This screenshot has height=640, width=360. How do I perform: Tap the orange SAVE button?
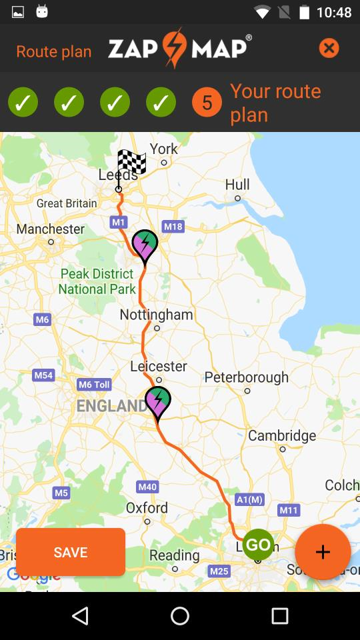(71, 552)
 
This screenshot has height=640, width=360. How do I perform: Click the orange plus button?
(323, 552)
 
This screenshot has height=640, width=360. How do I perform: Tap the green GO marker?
(258, 545)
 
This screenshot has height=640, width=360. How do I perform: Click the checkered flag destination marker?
(131, 163)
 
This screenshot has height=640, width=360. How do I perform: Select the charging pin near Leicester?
(158, 402)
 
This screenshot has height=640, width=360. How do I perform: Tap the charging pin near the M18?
(145, 245)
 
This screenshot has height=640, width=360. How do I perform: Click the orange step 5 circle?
(207, 103)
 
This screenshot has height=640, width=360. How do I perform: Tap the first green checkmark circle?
(23, 103)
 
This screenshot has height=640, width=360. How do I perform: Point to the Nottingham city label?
(156, 314)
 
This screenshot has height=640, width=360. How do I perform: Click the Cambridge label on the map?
(282, 435)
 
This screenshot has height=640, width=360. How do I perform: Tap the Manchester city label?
(51, 229)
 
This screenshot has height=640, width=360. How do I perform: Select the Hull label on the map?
(237, 185)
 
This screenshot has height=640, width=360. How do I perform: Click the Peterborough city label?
(246, 377)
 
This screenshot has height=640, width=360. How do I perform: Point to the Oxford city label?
(147, 507)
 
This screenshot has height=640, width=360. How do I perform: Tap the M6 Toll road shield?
(94, 384)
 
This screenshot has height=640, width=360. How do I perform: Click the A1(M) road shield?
(250, 499)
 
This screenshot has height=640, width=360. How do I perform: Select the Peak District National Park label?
(97, 281)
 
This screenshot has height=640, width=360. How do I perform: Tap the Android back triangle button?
(80, 616)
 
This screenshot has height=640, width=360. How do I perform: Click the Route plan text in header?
(54, 51)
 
